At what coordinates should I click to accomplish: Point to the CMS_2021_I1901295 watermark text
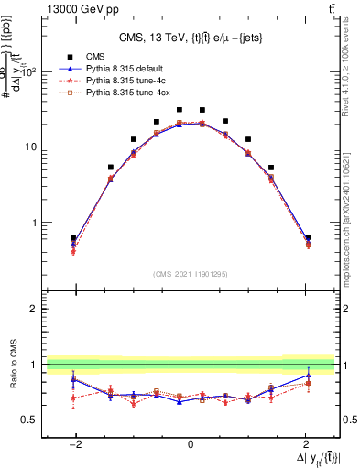pyautogui.click(x=191, y=274)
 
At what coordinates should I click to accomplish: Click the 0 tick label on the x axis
pyautogui.click(x=191, y=442)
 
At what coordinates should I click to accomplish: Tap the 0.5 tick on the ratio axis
pyautogui.click(x=30, y=420)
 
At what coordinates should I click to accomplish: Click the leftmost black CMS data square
pyautogui.click(x=73, y=238)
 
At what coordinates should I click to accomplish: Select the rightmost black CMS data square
pyautogui.click(x=309, y=237)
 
